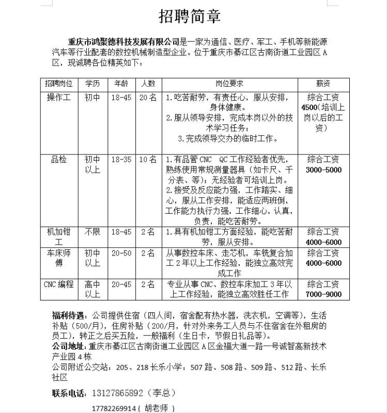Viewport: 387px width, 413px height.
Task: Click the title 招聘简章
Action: point(190,16)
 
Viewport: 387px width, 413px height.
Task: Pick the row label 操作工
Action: point(59,97)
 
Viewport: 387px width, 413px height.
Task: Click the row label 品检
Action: point(59,160)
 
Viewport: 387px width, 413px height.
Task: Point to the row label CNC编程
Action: point(59,284)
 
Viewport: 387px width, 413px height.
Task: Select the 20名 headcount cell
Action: point(147,97)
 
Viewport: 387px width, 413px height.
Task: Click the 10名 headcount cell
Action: point(147,160)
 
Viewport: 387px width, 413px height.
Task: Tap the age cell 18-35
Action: point(121,160)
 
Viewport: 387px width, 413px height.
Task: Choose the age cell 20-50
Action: point(121,253)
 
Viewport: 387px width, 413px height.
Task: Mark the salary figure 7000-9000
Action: point(323,294)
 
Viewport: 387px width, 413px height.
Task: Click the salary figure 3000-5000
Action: point(323,170)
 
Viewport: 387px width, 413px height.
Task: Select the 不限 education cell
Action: point(92,232)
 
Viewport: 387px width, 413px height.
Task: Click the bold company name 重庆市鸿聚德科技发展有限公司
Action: point(124,42)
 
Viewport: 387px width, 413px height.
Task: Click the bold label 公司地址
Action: point(69,346)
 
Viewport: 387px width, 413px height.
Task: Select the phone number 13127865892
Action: point(117,393)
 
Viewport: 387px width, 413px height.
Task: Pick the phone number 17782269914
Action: point(114,408)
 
